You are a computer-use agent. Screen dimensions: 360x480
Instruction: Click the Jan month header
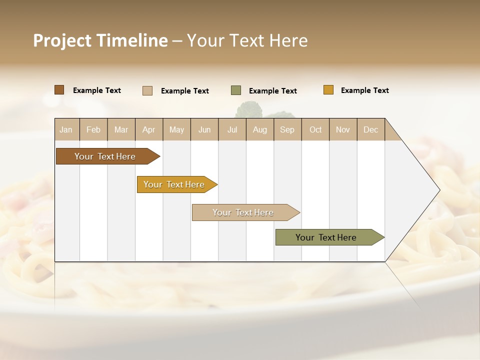(x=66, y=129)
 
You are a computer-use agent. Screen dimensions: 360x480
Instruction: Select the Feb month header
(x=93, y=129)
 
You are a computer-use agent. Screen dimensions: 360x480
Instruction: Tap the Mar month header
(x=121, y=129)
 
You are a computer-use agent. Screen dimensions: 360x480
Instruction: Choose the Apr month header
(x=148, y=129)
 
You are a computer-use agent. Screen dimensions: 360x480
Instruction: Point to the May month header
(x=176, y=129)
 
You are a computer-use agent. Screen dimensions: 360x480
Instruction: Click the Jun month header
(x=204, y=129)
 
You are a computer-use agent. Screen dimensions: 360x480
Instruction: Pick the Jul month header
(x=232, y=129)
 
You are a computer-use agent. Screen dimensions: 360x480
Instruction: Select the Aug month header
(x=259, y=129)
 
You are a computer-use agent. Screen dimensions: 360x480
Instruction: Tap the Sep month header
(x=287, y=129)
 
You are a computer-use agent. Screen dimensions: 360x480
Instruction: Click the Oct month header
(x=315, y=129)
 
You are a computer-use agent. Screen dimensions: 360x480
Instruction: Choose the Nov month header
(x=343, y=129)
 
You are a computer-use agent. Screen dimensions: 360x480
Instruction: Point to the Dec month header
(x=370, y=129)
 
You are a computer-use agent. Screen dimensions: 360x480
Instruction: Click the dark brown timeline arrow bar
(x=105, y=156)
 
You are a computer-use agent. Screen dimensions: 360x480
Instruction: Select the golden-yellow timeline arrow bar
(x=174, y=184)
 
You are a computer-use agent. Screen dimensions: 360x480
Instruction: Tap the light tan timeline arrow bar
(x=243, y=212)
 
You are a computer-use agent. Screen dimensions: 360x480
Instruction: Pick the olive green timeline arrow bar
(x=326, y=237)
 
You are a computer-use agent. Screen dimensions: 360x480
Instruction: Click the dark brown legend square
(x=59, y=90)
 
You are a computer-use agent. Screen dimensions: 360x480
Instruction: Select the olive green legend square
(x=236, y=90)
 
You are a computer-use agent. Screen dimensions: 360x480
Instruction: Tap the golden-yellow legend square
(x=328, y=90)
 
